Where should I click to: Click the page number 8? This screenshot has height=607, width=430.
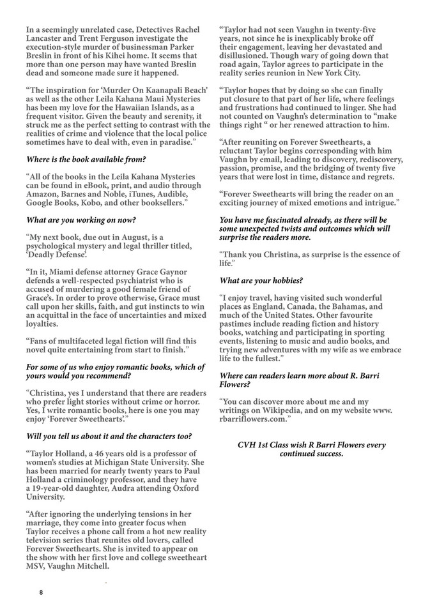pos(42,592)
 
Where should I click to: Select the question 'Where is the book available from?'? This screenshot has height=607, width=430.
pos(86,160)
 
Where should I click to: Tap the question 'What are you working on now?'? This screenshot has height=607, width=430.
pos(81,220)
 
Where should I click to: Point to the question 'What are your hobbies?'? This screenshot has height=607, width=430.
pos(261,281)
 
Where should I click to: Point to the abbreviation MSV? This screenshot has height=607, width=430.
pos(36,566)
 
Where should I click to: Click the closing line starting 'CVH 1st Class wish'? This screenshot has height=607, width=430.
pos(311,449)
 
